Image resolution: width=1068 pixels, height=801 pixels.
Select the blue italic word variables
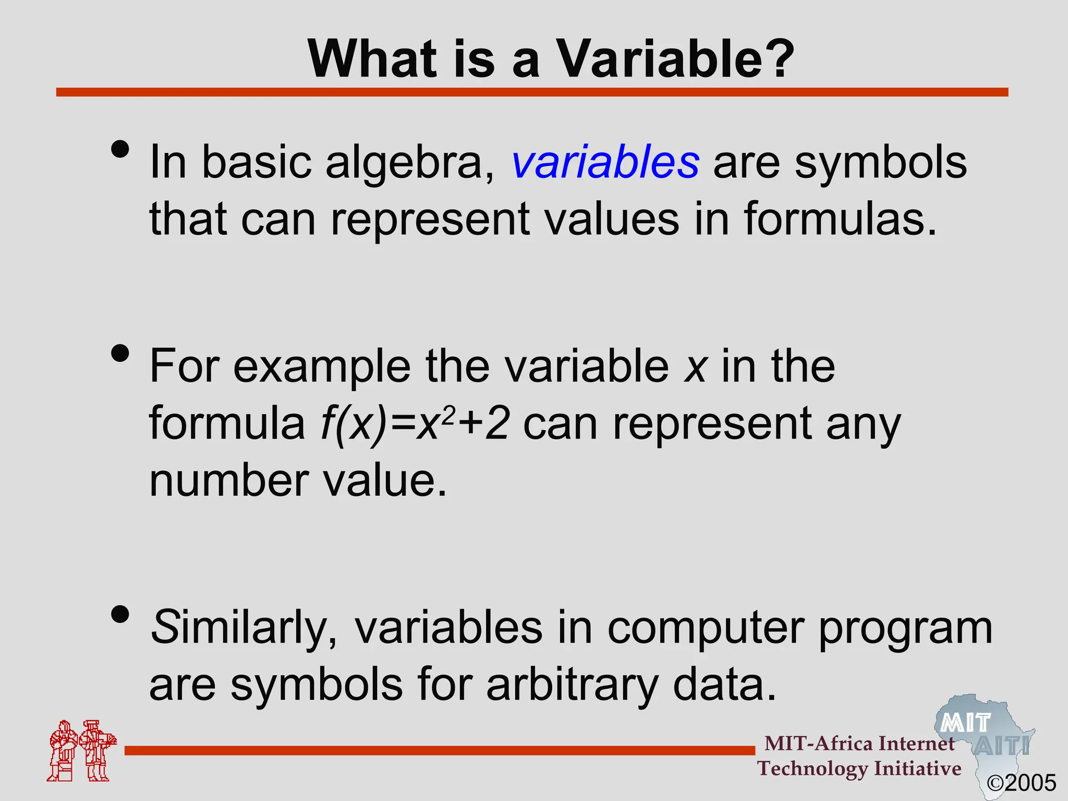(x=605, y=163)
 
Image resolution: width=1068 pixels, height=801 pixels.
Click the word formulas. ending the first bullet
(x=840, y=219)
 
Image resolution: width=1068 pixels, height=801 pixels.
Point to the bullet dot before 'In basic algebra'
(x=120, y=150)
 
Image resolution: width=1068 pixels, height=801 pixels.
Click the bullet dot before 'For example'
(x=120, y=354)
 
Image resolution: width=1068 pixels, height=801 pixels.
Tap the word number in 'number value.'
(x=229, y=481)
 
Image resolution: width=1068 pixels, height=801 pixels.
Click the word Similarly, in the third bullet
(x=245, y=628)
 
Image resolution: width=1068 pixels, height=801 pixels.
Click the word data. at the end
(x=725, y=684)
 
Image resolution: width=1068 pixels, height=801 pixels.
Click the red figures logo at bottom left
(x=81, y=751)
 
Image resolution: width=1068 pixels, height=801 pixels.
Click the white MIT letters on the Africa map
(x=965, y=723)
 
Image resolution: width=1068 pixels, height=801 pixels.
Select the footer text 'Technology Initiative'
(x=859, y=769)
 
